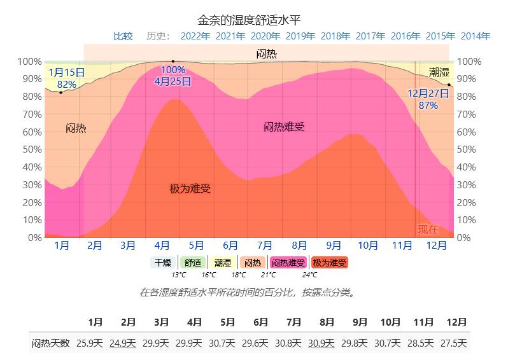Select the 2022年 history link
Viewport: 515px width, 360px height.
tap(195, 36)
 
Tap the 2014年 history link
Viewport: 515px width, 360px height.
tap(475, 36)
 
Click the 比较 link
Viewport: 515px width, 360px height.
tap(123, 36)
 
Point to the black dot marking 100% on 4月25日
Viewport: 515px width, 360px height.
tap(173, 61)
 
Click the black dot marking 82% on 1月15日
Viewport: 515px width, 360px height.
tap(61, 93)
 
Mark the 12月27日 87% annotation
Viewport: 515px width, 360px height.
tap(428, 99)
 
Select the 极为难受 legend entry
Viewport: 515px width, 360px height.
tap(330, 263)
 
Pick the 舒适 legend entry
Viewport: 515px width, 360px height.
tap(192, 263)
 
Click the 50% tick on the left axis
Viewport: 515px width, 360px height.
tap(30, 149)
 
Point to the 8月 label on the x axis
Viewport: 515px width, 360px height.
tap(299, 245)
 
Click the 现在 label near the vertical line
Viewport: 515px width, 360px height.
tap(428, 229)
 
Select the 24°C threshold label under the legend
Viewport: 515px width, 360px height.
tap(309, 275)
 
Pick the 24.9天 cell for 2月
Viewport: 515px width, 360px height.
tap(123, 343)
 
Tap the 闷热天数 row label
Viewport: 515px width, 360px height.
tap(50, 343)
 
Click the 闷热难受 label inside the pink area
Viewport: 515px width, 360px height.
tap(284, 127)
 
